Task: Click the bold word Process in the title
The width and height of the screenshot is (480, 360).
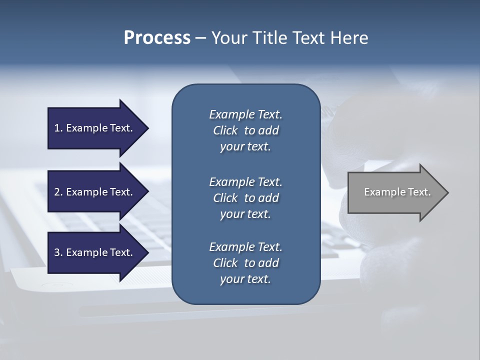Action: (x=157, y=38)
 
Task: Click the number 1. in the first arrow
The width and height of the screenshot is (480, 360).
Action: (x=58, y=128)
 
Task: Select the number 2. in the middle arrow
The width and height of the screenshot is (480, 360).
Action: (x=58, y=192)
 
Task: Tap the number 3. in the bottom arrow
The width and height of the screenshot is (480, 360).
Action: (x=58, y=252)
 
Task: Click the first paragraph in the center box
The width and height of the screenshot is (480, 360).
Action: (x=245, y=130)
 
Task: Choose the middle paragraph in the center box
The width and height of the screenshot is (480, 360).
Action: (x=245, y=198)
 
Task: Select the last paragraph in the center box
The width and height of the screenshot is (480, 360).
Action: (x=245, y=263)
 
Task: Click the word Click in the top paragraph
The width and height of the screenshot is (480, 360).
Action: (x=225, y=130)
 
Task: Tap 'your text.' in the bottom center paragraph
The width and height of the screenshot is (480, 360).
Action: (x=245, y=279)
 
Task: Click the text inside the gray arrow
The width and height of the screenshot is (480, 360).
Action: (x=397, y=192)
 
